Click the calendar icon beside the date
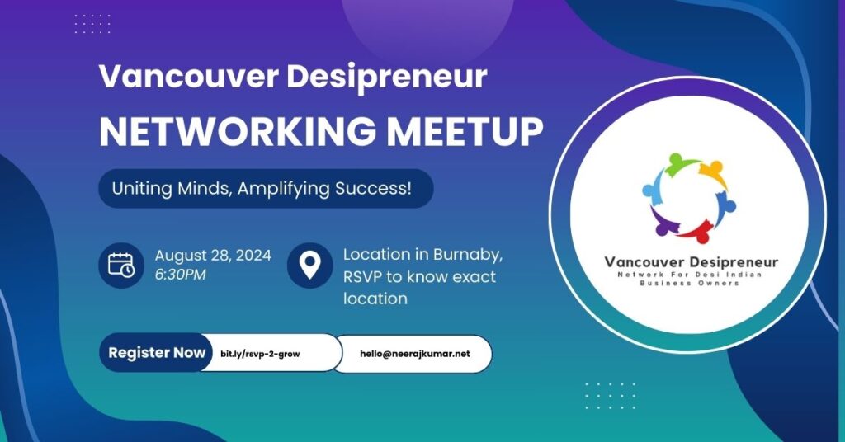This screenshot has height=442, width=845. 121,265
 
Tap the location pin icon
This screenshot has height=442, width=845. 309,265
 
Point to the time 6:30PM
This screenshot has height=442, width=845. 181,274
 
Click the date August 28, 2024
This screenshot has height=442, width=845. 213,254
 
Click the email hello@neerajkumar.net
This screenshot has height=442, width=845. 414,354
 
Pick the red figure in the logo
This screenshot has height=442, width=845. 698,228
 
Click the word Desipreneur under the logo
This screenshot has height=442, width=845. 727,262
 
